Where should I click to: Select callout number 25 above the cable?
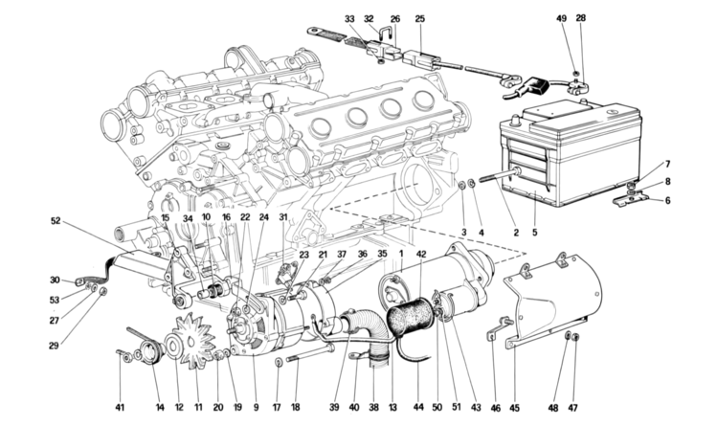pos(420,18)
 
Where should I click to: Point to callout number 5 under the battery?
pos(534,231)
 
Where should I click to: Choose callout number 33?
pos(349,18)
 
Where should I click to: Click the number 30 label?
pos(55,280)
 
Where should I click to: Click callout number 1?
pos(400,254)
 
